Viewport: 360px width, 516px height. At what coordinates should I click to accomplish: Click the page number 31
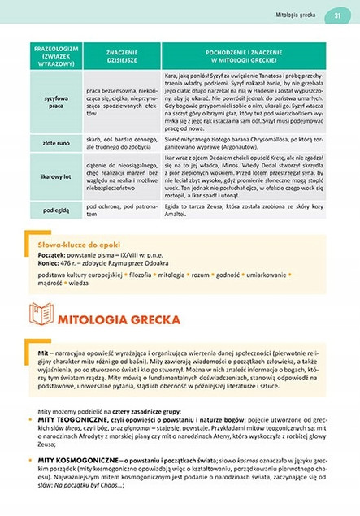pos(336,15)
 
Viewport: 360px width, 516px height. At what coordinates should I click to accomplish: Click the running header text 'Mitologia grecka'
pos(295,15)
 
